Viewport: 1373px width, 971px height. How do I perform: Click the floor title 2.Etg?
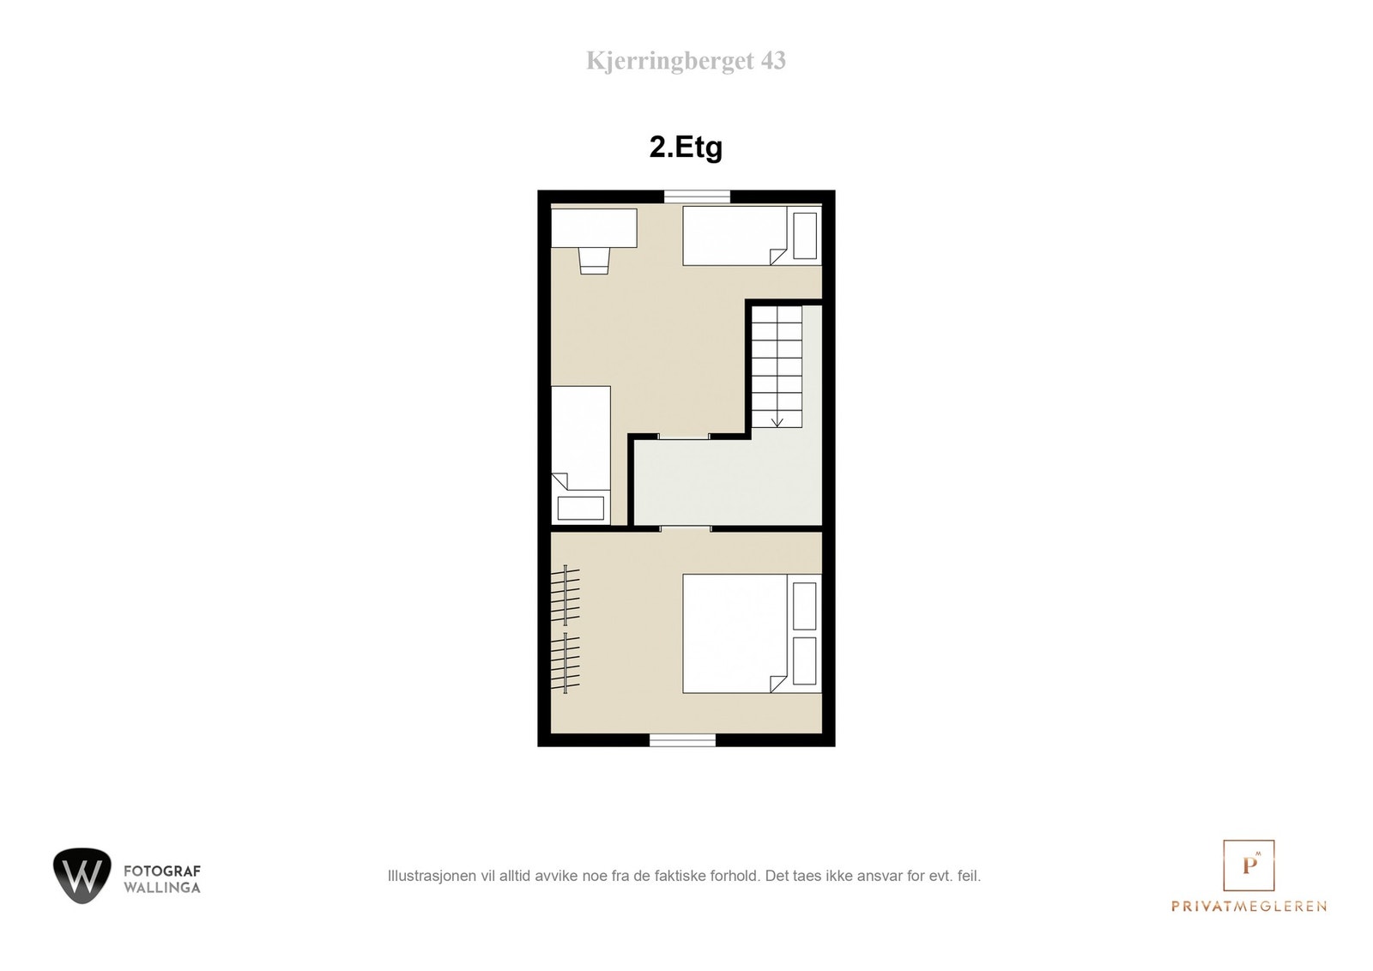pyautogui.click(x=686, y=148)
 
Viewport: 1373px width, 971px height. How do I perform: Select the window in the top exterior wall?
pyautogui.click(x=697, y=196)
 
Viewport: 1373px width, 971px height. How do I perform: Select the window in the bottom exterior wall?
pyautogui.click(x=682, y=739)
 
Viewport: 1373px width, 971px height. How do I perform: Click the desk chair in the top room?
pyautogui.click(x=594, y=259)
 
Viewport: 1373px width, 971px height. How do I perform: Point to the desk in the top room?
pyautogui.click(x=594, y=228)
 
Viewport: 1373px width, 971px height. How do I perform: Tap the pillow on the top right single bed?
pyautogui.click(x=805, y=235)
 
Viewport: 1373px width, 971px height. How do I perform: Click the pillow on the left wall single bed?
pyautogui.click(x=581, y=508)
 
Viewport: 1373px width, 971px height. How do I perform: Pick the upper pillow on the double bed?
pyautogui.click(x=804, y=606)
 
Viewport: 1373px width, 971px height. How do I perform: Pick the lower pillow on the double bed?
pyautogui.click(x=804, y=660)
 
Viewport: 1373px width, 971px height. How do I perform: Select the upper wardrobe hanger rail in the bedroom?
pyautogui.click(x=566, y=594)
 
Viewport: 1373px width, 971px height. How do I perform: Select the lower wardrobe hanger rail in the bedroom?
pyautogui.click(x=566, y=662)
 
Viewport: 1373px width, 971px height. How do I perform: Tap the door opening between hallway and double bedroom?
pyautogui.click(x=686, y=528)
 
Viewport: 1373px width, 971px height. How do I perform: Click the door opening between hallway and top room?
pyautogui.click(x=683, y=437)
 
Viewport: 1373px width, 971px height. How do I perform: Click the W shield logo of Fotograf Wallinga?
pyautogui.click(x=82, y=875)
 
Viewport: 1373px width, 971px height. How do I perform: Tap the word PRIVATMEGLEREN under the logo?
pyautogui.click(x=1249, y=906)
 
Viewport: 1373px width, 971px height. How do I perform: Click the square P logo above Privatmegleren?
pyautogui.click(x=1249, y=865)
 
